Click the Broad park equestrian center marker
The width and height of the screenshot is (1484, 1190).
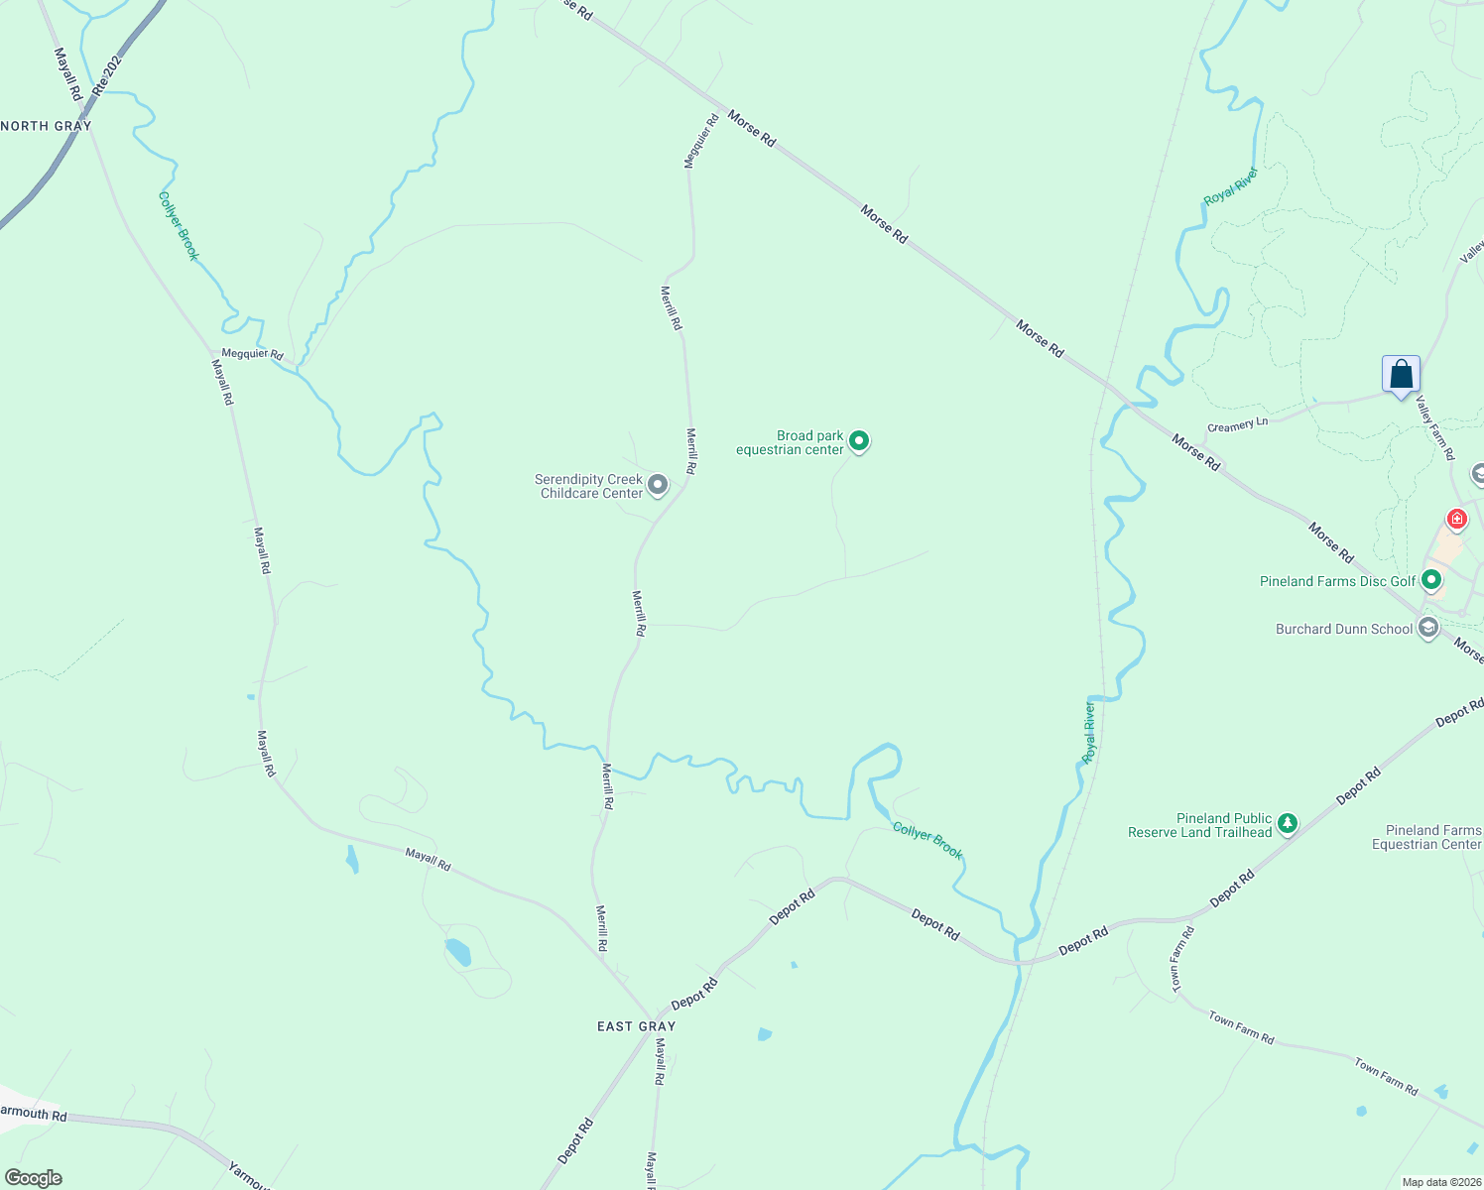pos(859,441)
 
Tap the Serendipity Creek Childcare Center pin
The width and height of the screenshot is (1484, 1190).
pos(657,485)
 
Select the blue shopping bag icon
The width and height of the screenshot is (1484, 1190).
pos(1401,375)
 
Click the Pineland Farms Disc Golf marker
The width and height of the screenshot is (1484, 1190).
pos(1430,580)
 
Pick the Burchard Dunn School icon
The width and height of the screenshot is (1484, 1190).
pos(1427,628)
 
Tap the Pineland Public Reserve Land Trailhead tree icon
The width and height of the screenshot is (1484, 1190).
pos(1287,823)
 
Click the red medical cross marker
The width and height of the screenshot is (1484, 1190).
pos(1456,518)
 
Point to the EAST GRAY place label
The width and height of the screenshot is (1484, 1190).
pos(636,1026)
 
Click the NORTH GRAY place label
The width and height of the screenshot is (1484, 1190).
pos(47,126)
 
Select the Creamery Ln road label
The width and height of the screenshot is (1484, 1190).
pos(1237,425)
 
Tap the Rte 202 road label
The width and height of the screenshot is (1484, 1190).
pos(106,75)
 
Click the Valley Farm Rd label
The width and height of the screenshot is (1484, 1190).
pos(1434,427)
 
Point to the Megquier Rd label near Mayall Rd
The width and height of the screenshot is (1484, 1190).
pos(252,354)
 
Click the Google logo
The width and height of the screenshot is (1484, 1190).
pos(34,1178)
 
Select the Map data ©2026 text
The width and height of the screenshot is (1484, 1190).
pos(1440,1182)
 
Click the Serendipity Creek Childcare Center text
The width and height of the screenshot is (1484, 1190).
pos(590,486)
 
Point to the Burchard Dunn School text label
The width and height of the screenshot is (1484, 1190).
pos(1343,629)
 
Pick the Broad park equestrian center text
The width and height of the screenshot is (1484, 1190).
pos(790,442)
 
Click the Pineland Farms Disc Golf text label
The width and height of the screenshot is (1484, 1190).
pos(1337,581)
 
